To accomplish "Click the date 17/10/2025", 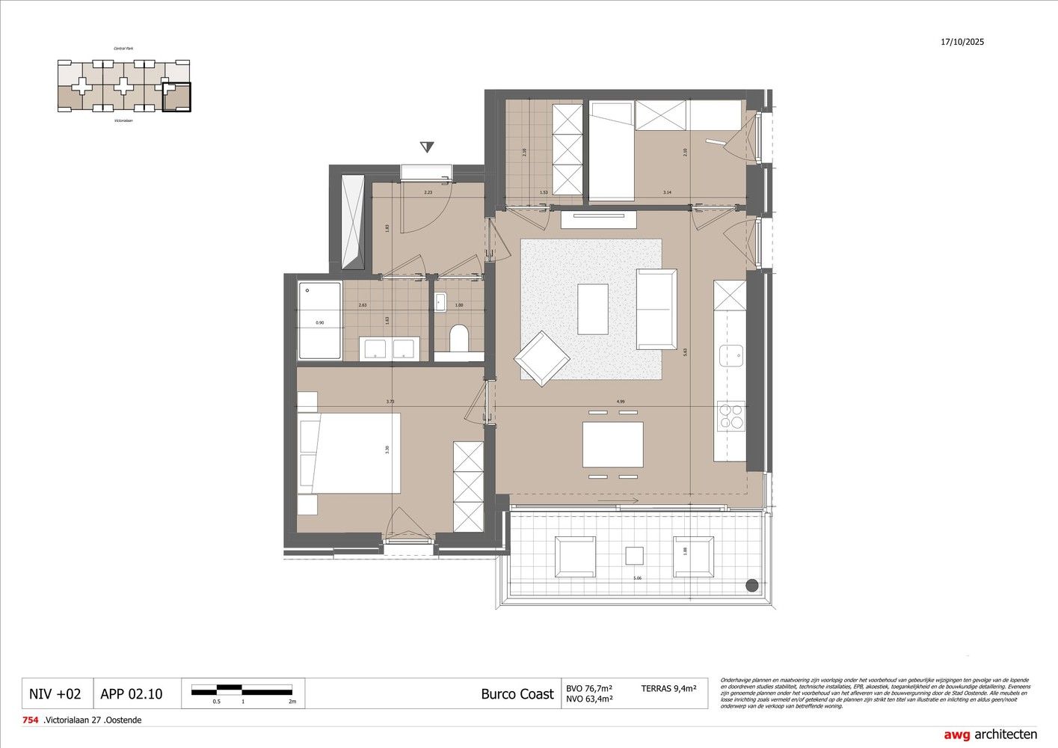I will coord(962,42).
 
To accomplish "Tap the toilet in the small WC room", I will coord(459,337).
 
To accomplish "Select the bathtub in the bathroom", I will coord(320,322).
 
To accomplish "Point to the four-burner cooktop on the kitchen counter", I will coord(731,415).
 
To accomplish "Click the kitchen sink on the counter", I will coord(731,355).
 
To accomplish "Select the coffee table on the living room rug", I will coord(592,309).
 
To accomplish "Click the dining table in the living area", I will coord(612,444).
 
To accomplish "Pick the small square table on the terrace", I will coord(634,556).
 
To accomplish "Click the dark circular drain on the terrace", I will coord(751,585).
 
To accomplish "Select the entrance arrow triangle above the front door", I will coord(427,147).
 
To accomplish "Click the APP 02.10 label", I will coord(131,694).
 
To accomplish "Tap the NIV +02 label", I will coord(55,694).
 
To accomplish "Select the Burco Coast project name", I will coord(517,694).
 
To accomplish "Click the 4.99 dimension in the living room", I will coord(621,402).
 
